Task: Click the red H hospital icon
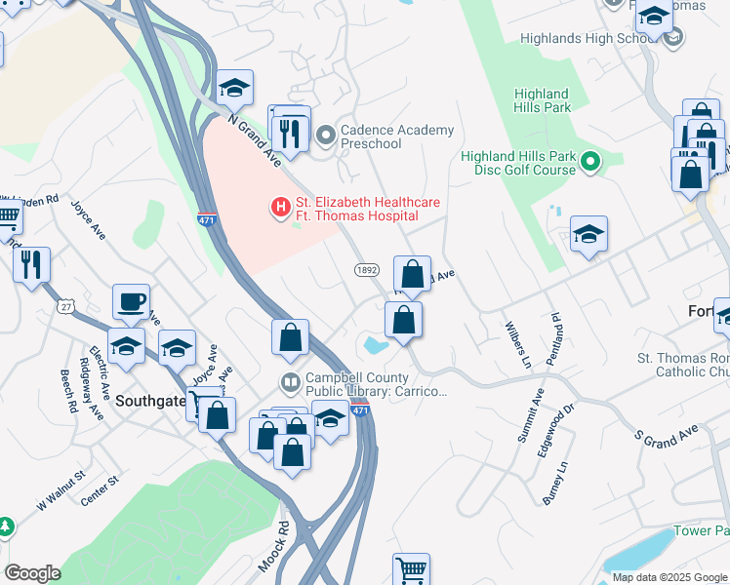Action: tap(280, 208)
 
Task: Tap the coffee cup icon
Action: tap(131, 301)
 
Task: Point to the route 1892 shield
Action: tap(366, 269)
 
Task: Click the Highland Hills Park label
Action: tap(543, 100)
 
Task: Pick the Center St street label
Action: tap(100, 485)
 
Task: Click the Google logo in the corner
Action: tap(32, 573)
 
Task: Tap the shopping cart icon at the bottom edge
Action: tap(412, 569)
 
